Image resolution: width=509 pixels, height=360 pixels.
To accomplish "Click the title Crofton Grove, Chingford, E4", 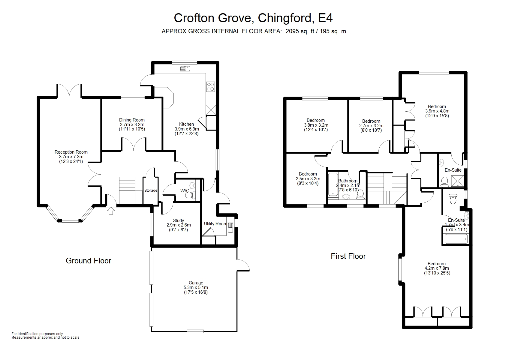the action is coord(253,18).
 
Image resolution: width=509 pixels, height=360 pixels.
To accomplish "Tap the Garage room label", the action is coord(196,283).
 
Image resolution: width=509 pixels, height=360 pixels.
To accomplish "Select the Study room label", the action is coord(178,220).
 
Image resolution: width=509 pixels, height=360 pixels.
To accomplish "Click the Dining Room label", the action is coord(132,120).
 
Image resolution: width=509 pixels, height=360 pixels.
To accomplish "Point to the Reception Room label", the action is coord(71,152).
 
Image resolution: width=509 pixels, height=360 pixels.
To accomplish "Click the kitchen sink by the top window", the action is coord(185,69).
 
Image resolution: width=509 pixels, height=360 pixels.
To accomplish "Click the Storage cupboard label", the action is coord(151,190).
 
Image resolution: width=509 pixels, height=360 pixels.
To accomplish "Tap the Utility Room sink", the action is coord(230,227).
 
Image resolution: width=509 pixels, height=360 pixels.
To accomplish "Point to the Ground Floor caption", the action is coord(89,261).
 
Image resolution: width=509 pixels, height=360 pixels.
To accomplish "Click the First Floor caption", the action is coord(348,256).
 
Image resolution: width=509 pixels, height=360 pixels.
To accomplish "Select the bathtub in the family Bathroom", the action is coord(332,184).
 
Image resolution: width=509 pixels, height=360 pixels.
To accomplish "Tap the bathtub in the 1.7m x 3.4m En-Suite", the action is coord(456,239).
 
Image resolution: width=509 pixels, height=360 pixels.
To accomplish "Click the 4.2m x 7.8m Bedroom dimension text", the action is coord(437,268).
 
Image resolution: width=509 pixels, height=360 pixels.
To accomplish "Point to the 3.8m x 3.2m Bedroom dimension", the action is coord(316,125).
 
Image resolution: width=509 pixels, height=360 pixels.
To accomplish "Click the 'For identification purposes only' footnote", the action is coord(37,334).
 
